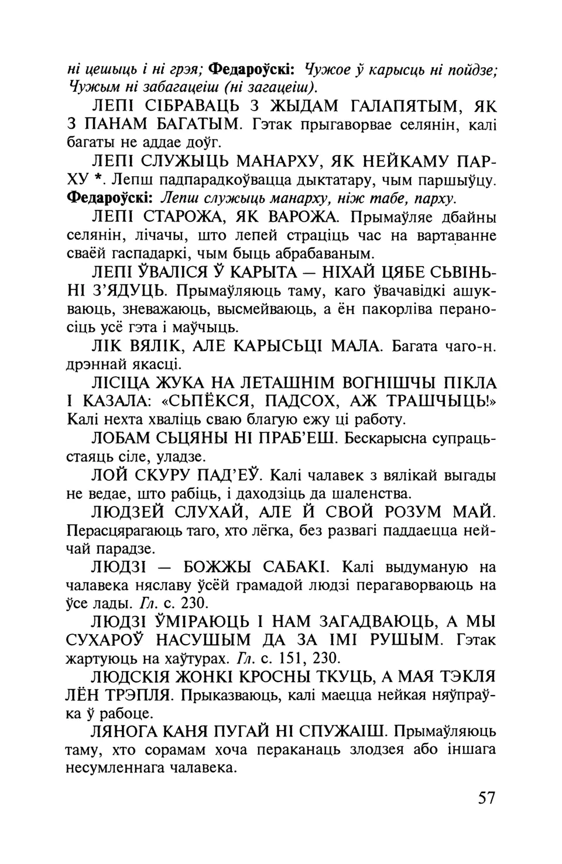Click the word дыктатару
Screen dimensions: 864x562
(339, 180)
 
